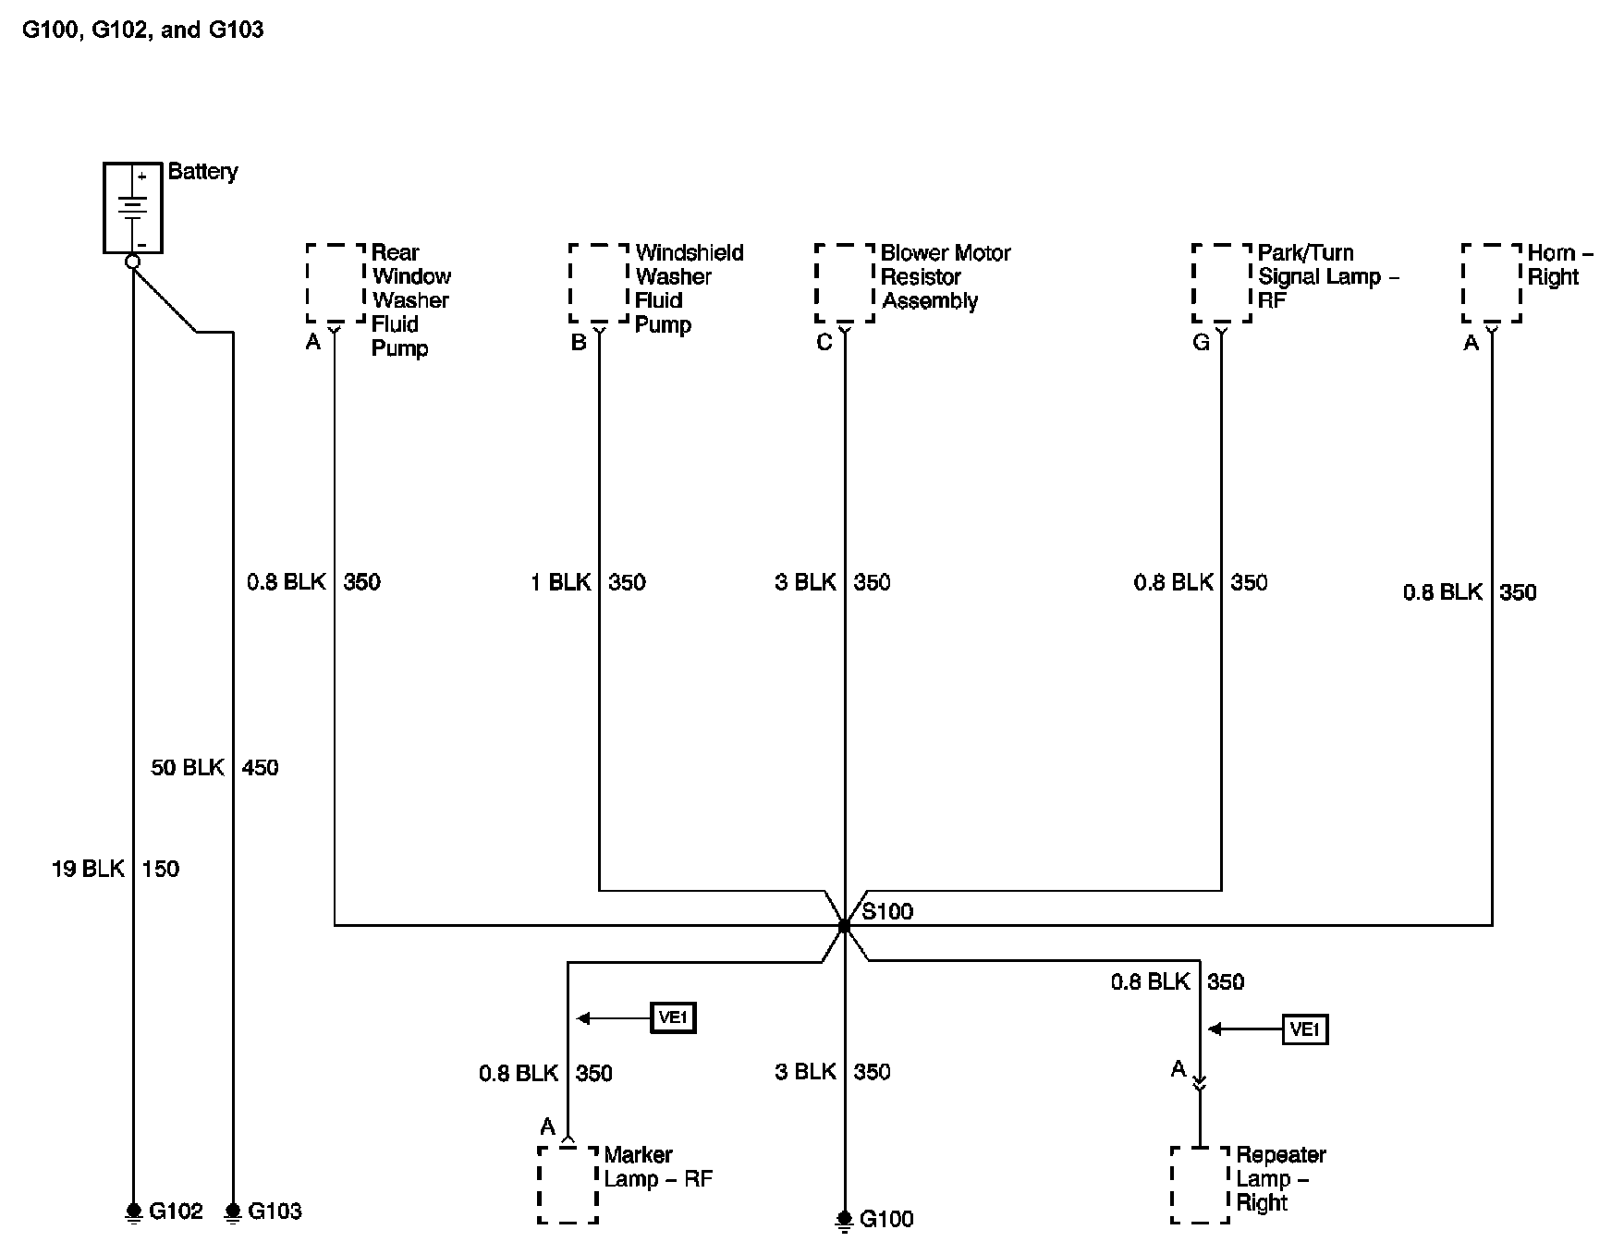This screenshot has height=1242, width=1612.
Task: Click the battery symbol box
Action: pyautogui.click(x=133, y=207)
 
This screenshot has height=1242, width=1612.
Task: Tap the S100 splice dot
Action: pyautogui.click(x=844, y=925)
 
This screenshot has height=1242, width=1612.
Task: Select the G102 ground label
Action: pyautogui.click(x=176, y=1211)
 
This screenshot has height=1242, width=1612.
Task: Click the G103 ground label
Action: pyautogui.click(x=275, y=1211)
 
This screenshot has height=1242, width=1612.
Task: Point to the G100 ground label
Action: pyautogui.click(x=886, y=1220)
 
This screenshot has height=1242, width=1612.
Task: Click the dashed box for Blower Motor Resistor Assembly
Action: pyautogui.click(x=844, y=283)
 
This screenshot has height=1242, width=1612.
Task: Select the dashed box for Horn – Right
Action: pyautogui.click(x=1491, y=283)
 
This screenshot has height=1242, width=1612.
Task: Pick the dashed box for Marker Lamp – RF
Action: pyautogui.click(x=568, y=1185)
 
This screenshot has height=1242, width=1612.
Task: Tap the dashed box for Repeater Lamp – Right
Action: pyautogui.click(x=1200, y=1185)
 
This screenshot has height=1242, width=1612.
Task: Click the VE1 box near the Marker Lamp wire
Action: pyautogui.click(x=673, y=1018)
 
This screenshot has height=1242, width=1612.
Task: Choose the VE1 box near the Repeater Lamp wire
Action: pyautogui.click(x=1304, y=1029)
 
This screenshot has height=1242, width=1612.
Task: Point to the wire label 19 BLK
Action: pyautogui.click(x=88, y=869)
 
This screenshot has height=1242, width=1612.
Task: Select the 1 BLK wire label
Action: pyautogui.click(x=561, y=582)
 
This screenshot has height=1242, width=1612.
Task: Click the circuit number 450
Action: pyautogui.click(x=260, y=767)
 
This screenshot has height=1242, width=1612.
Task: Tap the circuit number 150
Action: pyautogui.click(x=161, y=869)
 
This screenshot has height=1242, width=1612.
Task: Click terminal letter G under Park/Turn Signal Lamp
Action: pyautogui.click(x=1201, y=343)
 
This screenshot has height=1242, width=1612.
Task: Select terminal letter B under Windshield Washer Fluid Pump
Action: pyautogui.click(x=579, y=343)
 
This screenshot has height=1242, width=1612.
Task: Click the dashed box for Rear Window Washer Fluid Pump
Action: pyautogui.click(x=336, y=283)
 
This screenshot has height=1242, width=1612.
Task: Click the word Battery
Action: pyautogui.click(x=202, y=172)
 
